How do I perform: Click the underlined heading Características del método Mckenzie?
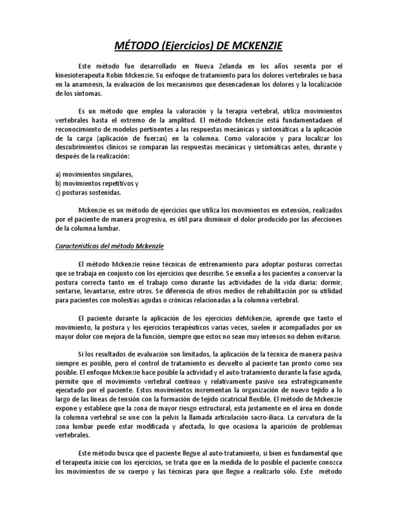point(109,246)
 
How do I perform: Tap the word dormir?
point(330,282)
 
